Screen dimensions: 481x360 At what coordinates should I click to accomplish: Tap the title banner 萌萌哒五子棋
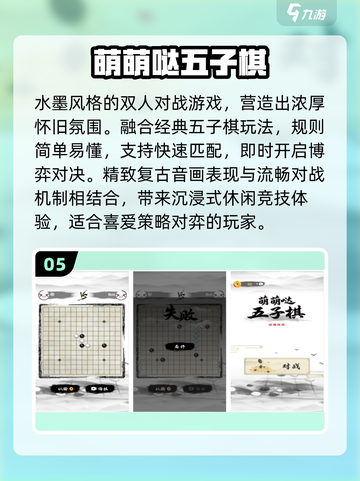[180, 61]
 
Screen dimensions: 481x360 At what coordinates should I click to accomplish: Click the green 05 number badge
[55, 264]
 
